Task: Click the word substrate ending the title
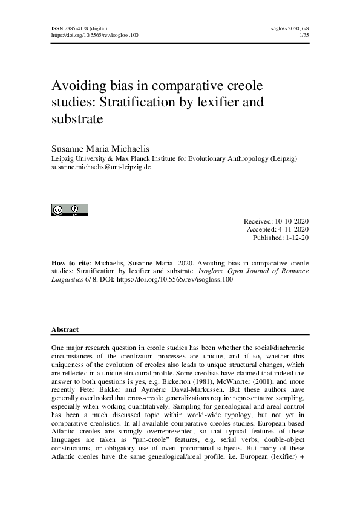(78, 119)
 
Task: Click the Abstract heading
(65, 330)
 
